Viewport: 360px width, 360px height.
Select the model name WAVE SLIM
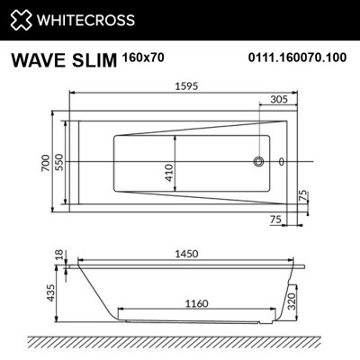point(59,61)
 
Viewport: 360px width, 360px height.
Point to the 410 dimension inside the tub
point(168,170)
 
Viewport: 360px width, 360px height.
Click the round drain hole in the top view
point(259,163)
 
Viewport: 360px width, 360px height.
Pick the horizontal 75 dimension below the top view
point(274,219)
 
